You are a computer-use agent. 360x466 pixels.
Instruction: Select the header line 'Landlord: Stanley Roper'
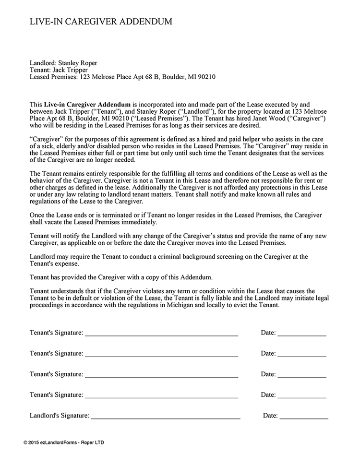click(x=66, y=62)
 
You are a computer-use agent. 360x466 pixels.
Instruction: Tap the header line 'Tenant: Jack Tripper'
click(x=59, y=70)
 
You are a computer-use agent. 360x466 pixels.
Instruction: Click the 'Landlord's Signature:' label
click(x=59, y=416)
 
